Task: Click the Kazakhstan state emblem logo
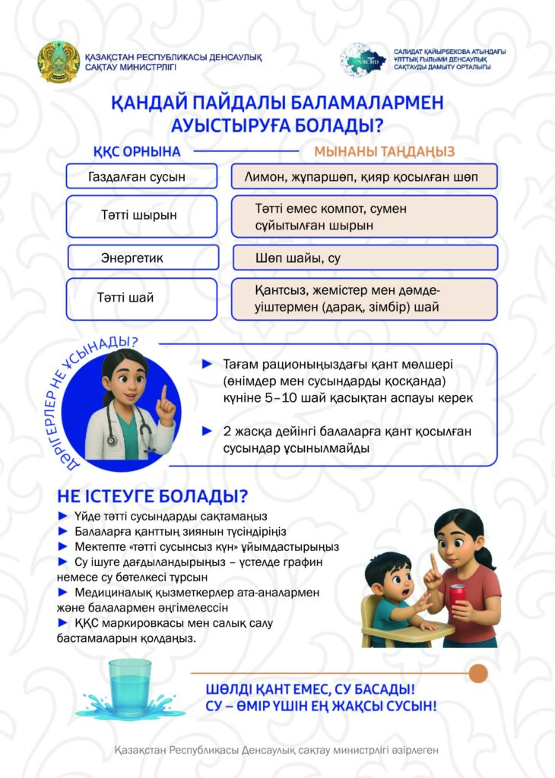(x=59, y=62)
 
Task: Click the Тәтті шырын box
(x=138, y=215)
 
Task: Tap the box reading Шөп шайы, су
(x=364, y=258)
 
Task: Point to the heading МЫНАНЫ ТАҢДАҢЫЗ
(x=384, y=151)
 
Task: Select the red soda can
(x=457, y=596)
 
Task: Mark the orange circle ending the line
(x=477, y=673)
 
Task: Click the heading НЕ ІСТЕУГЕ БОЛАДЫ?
(x=153, y=497)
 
